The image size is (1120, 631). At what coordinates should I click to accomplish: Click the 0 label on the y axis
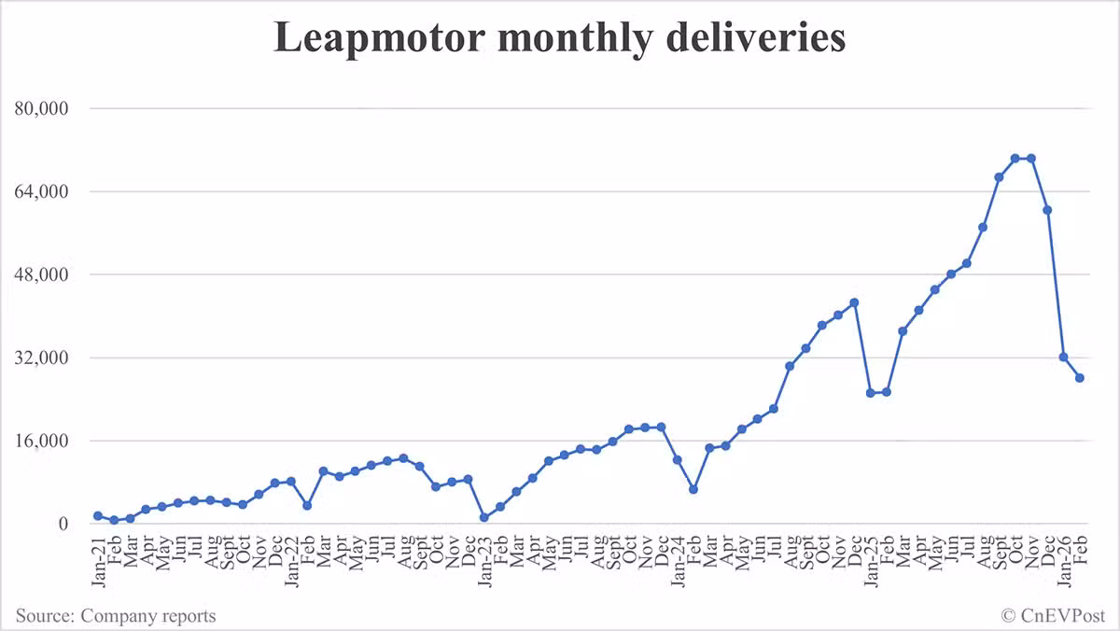coord(63,524)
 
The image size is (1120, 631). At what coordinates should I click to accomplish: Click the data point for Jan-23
coord(484,518)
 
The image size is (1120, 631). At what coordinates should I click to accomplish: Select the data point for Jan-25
coord(871,393)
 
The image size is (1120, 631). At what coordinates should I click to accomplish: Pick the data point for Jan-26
coord(1064,357)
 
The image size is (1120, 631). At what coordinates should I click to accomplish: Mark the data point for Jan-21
coord(98,516)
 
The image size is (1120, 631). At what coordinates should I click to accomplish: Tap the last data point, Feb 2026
coord(1080,378)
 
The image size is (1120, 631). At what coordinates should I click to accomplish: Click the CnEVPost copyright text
coord(1053,616)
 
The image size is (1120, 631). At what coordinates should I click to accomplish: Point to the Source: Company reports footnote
coord(116,616)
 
